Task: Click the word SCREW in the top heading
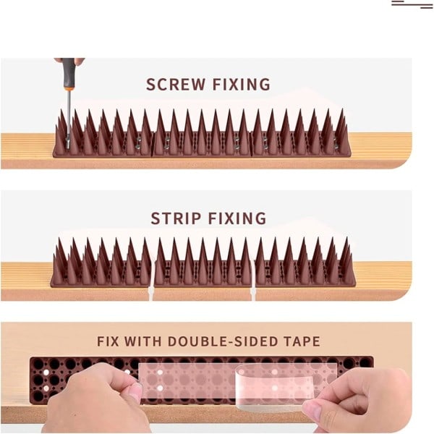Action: [176, 84]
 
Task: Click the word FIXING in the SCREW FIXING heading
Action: [241, 84]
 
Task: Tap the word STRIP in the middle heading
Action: [176, 218]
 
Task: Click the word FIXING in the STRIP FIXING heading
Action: [237, 218]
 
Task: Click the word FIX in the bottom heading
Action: [108, 341]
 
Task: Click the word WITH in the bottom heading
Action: [142, 341]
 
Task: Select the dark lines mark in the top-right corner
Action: [412, 4]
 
